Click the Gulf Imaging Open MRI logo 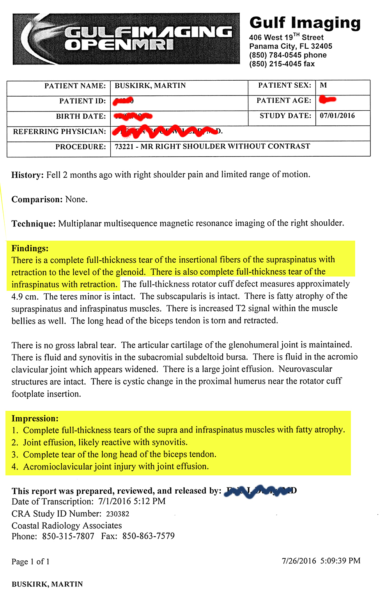126,39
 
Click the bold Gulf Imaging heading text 305,23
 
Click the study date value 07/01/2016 337,116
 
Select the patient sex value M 323,85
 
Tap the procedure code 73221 124,147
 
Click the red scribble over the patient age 327,100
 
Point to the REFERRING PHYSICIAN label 59,132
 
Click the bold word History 27,175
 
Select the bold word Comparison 37,199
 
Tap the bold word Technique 34,224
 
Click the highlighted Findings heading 30,248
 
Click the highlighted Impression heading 35,418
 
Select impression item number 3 119,454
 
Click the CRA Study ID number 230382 117,514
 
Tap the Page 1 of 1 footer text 30,561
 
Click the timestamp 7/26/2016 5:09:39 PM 320,561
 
